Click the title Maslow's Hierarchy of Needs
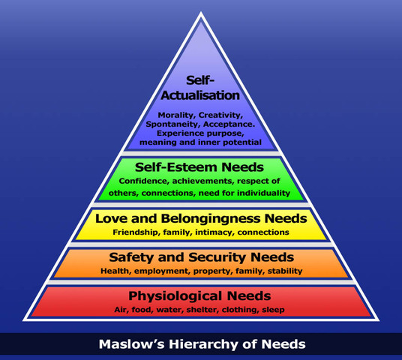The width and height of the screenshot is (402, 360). (x=201, y=346)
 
